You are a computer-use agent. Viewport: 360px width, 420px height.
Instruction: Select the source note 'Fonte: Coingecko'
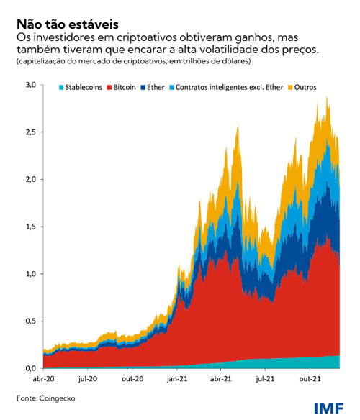click(46, 398)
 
